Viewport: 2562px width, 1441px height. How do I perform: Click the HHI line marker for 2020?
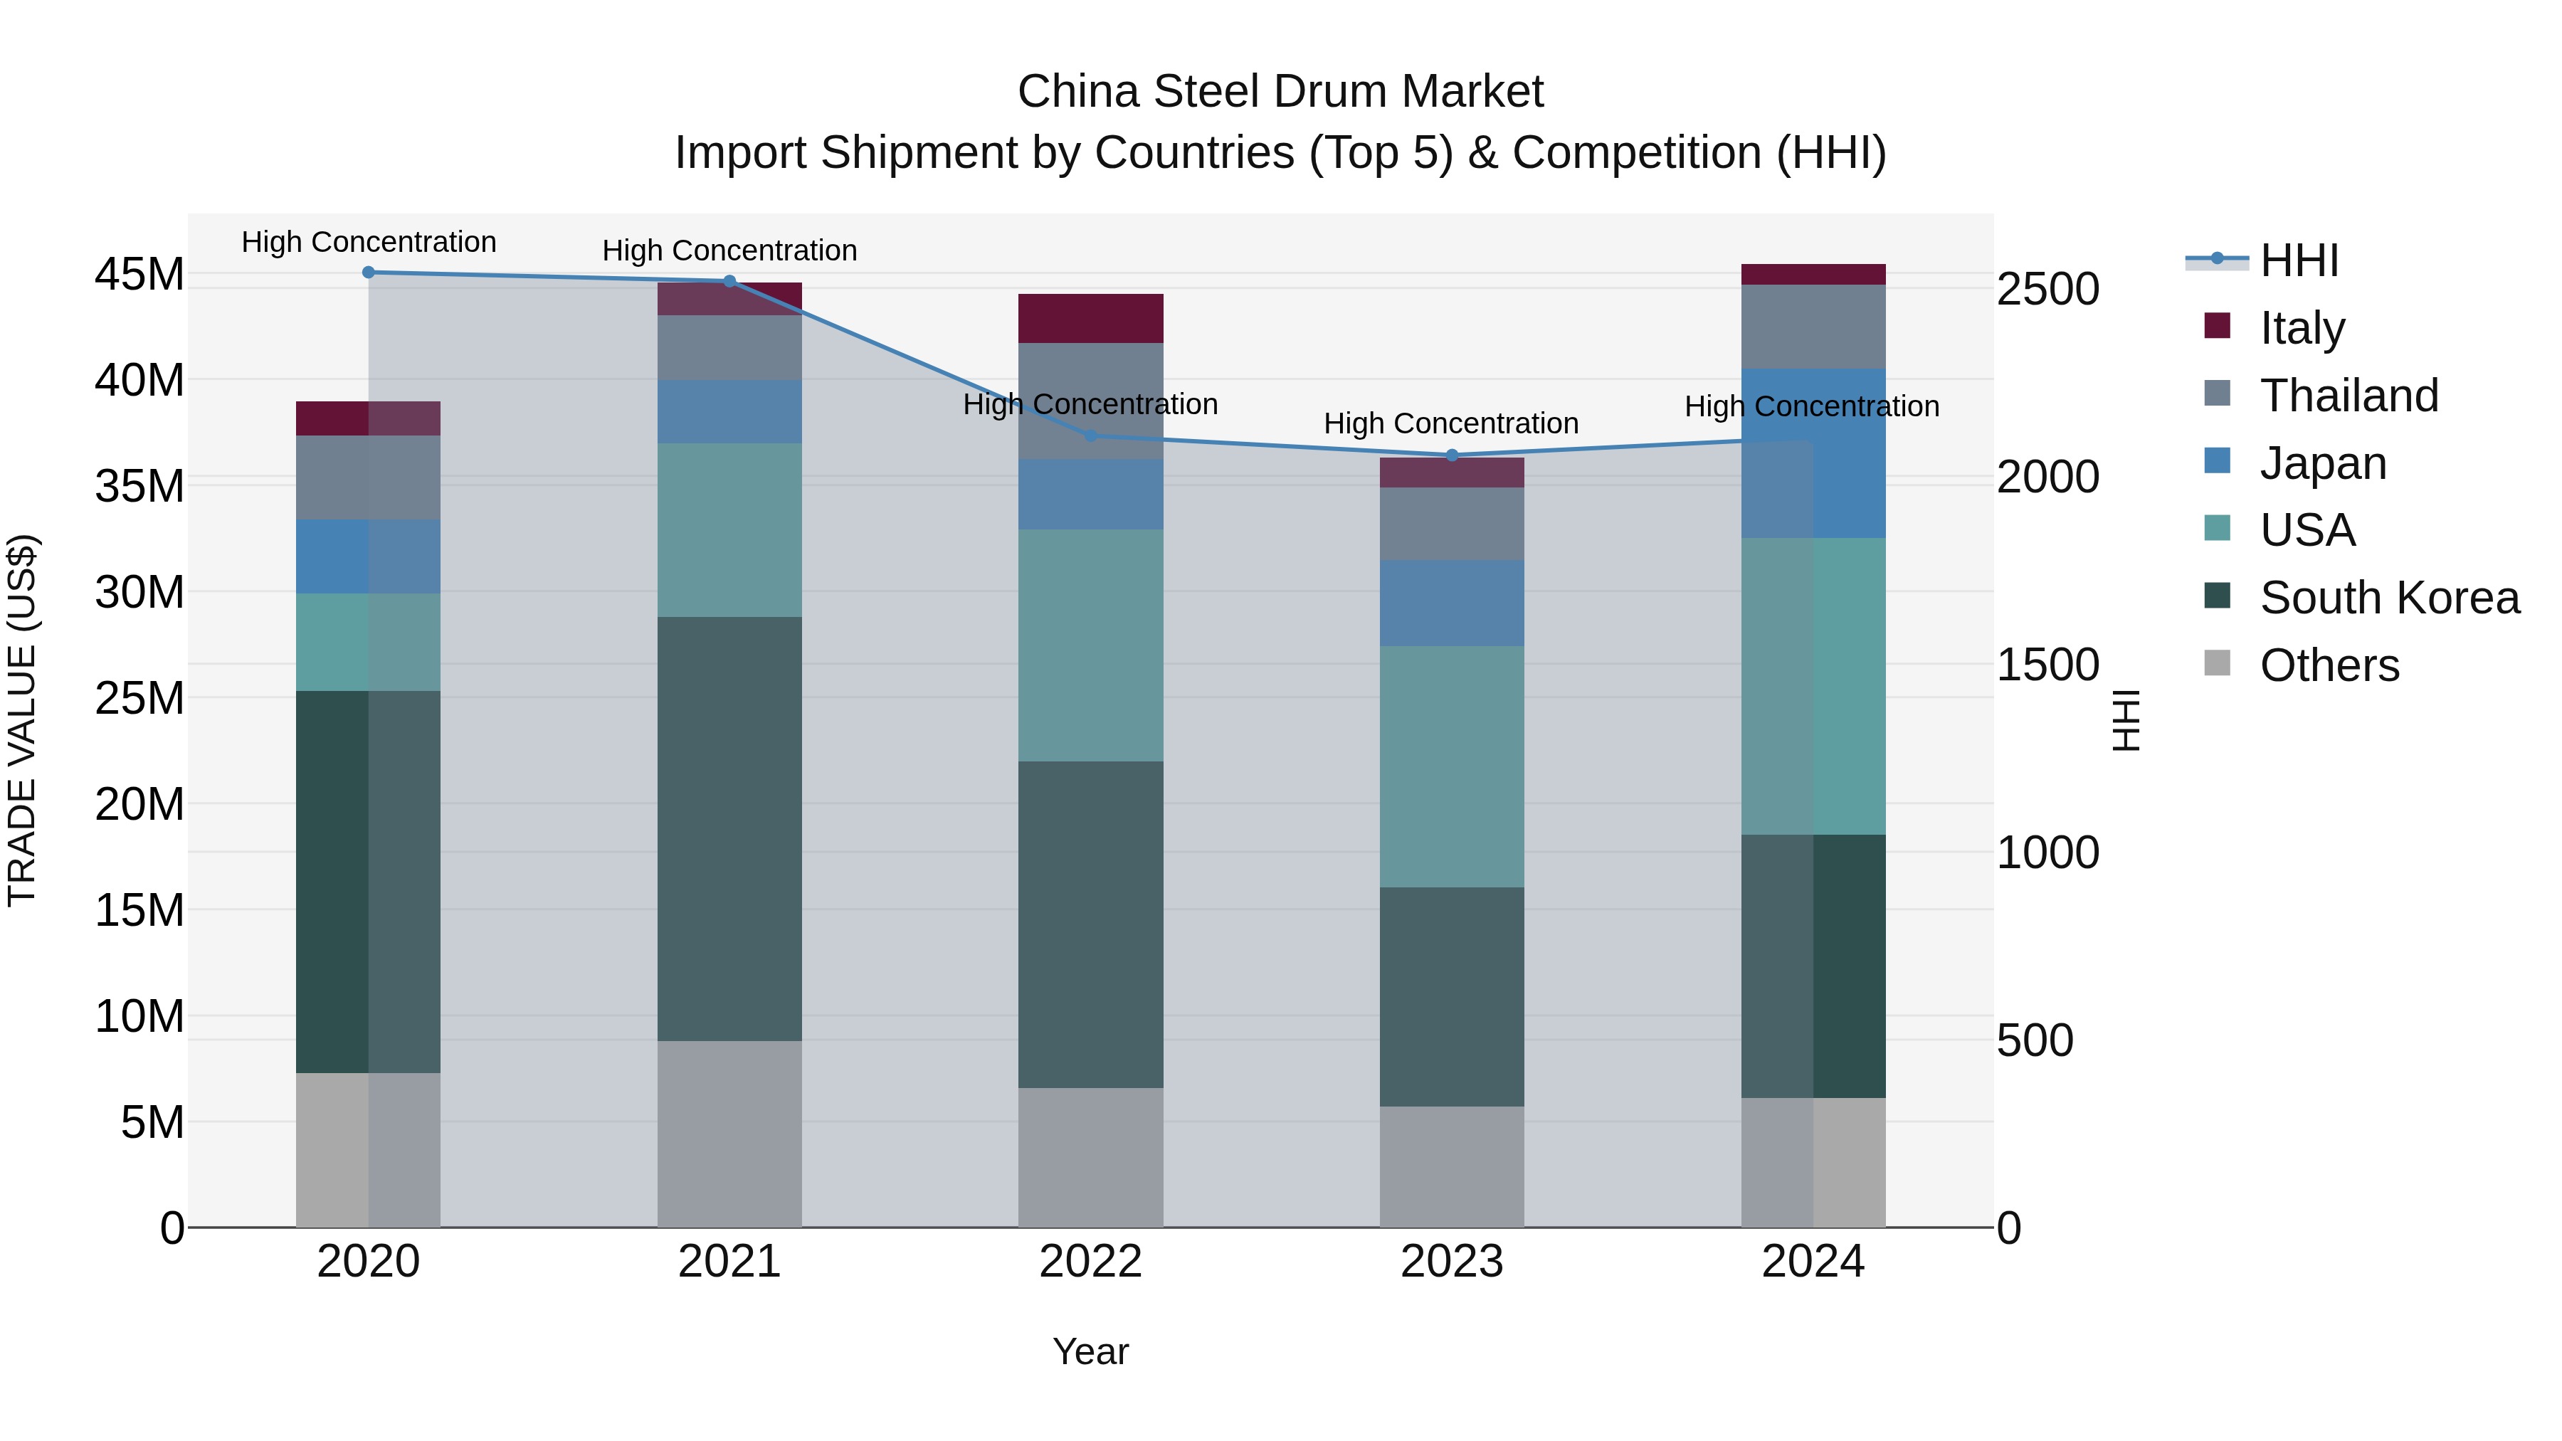368,272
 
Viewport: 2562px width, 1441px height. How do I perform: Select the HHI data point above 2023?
1451,455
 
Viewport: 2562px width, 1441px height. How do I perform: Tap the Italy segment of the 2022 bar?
1090,318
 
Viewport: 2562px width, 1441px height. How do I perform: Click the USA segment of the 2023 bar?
1451,766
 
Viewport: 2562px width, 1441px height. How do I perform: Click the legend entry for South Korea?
2388,598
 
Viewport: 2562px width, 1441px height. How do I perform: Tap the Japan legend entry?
2321,463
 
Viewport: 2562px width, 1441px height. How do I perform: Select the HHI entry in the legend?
2297,260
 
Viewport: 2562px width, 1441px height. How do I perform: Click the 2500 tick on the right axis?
2047,290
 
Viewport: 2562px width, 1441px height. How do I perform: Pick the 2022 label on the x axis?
1090,1262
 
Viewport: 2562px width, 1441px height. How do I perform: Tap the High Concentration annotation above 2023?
1451,423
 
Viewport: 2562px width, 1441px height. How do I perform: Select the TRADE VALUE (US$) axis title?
22,720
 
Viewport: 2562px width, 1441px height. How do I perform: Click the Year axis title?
1090,1351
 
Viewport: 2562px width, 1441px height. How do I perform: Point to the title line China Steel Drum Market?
1280,92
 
